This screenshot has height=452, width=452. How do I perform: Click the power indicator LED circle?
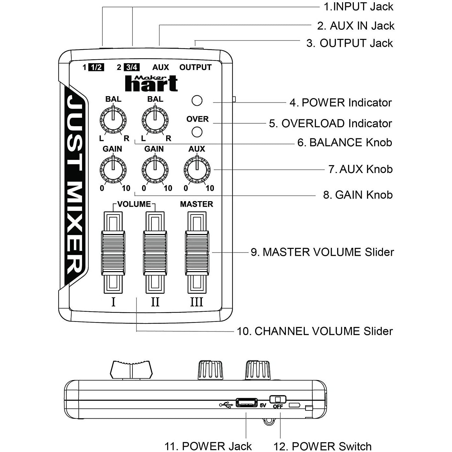click(197, 101)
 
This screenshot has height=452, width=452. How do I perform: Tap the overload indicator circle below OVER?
click(197, 132)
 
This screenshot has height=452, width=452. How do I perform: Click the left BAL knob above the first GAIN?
click(113, 120)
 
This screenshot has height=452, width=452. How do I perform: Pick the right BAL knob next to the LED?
click(155, 120)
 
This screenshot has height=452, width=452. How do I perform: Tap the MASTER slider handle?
click(197, 253)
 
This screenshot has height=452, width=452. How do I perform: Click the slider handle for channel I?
click(113, 253)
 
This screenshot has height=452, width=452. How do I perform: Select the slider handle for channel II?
click(155, 253)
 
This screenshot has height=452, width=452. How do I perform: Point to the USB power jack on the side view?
click(246, 403)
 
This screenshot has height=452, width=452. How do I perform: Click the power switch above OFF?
click(278, 399)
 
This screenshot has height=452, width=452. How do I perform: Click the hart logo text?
click(151, 84)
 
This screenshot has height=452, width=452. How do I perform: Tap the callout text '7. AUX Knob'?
click(360, 169)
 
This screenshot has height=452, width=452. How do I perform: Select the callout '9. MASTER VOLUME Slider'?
click(322, 252)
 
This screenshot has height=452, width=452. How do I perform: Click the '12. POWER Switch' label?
click(322, 446)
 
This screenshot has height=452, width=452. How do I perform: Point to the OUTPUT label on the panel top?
click(195, 67)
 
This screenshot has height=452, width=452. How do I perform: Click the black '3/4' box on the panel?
click(132, 67)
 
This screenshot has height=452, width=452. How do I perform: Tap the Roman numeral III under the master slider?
click(197, 302)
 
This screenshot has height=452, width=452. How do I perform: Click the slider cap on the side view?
click(131, 370)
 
